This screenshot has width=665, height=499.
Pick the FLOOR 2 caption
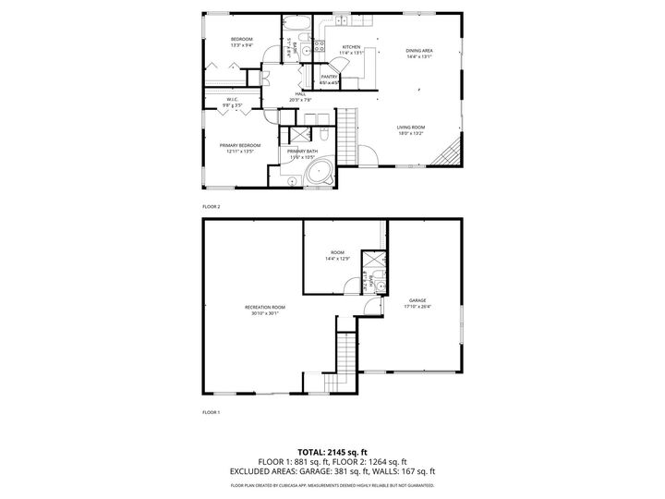(212, 207)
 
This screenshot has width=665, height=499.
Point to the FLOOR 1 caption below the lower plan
(212, 412)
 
